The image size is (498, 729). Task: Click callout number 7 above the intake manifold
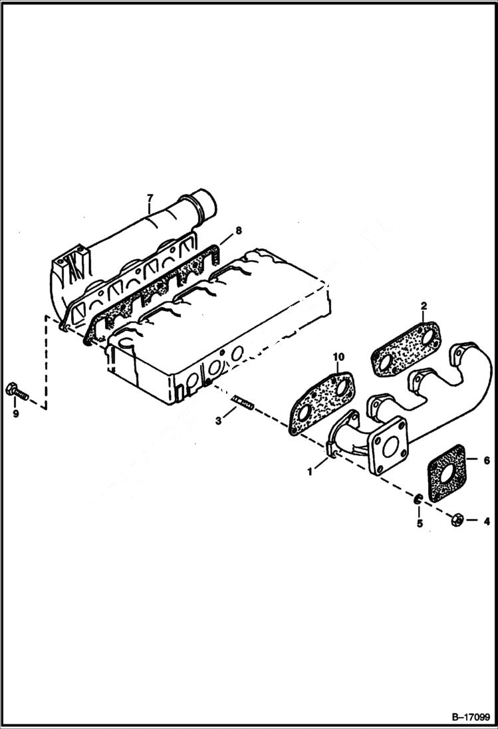click(150, 197)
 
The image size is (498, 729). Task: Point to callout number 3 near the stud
click(218, 421)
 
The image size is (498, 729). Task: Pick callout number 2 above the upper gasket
click(423, 306)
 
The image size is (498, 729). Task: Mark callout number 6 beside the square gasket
click(487, 460)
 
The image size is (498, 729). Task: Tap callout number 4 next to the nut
click(487, 520)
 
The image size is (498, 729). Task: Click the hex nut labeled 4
click(457, 518)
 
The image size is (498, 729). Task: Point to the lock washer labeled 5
click(418, 499)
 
